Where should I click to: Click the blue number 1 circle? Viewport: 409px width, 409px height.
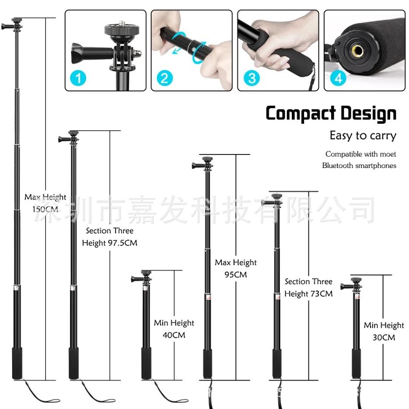[x=78, y=78]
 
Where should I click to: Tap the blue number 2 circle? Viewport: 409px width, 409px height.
[x=164, y=78]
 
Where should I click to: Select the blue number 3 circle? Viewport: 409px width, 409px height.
[x=252, y=78]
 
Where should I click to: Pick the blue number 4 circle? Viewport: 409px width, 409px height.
[x=338, y=78]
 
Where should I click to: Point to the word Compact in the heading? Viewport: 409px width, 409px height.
[x=301, y=113]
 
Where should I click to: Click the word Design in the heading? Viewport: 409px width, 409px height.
[x=369, y=113]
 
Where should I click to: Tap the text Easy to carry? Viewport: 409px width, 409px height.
[x=363, y=136]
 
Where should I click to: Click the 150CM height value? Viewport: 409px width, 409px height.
[x=45, y=209]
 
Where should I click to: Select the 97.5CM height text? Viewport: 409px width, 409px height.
[x=122, y=243]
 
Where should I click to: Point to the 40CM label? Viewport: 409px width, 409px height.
[x=174, y=335]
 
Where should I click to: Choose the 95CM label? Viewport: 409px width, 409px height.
[x=235, y=274]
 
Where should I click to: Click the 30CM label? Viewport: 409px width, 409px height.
[x=384, y=337]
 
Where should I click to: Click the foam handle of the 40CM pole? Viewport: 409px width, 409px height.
[x=147, y=363]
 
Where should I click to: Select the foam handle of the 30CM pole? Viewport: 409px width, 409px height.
[x=357, y=363]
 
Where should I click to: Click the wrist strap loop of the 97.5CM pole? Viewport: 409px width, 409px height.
[x=98, y=393]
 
